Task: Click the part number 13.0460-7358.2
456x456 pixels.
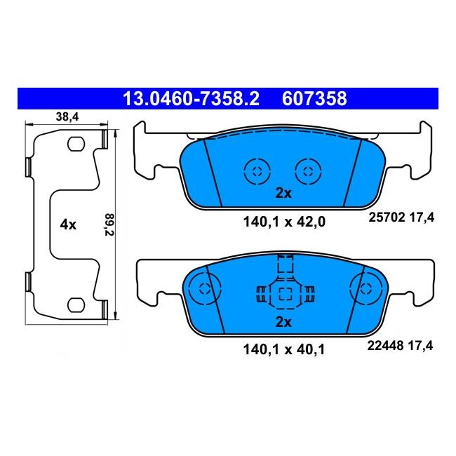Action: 191,99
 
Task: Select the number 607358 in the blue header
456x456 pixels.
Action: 314,99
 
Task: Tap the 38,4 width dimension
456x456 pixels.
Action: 67,117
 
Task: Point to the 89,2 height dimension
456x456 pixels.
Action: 109,224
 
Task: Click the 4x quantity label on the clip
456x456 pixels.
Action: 68,224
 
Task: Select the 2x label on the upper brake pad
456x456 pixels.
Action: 283,193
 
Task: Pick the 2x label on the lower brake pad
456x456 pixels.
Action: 283,322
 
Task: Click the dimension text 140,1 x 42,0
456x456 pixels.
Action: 284,222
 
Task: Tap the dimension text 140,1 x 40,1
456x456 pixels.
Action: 283,349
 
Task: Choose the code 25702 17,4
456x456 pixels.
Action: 401,217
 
